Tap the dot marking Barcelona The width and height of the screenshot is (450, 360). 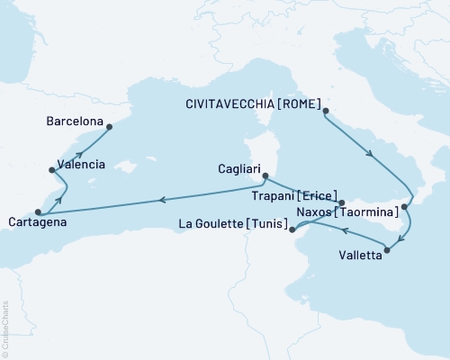click(x=110, y=126)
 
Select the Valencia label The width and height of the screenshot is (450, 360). click(x=81, y=165)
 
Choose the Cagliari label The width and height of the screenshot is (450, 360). click(x=239, y=168)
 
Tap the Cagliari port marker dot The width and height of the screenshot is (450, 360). click(x=265, y=177)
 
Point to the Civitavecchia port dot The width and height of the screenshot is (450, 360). click(x=326, y=112)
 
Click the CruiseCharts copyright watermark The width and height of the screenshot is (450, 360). click(x=6, y=328)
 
